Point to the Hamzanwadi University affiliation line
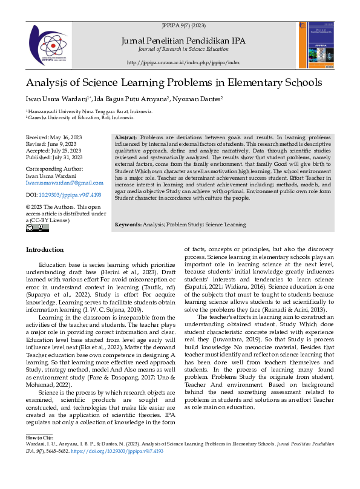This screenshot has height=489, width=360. pyautogui.click(x=89, y=112)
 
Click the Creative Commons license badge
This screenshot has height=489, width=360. pyautogui.click(x=38, y=228)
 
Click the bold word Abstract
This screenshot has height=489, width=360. pyautogui.click(x=125, y=139)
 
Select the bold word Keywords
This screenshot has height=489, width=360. pyautogui.click(x=128, y=225)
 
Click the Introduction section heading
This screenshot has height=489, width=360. pyautogui.click(x=44, y=250)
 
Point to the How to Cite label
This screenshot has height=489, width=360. pyautogui.click(x=40, y=436)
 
